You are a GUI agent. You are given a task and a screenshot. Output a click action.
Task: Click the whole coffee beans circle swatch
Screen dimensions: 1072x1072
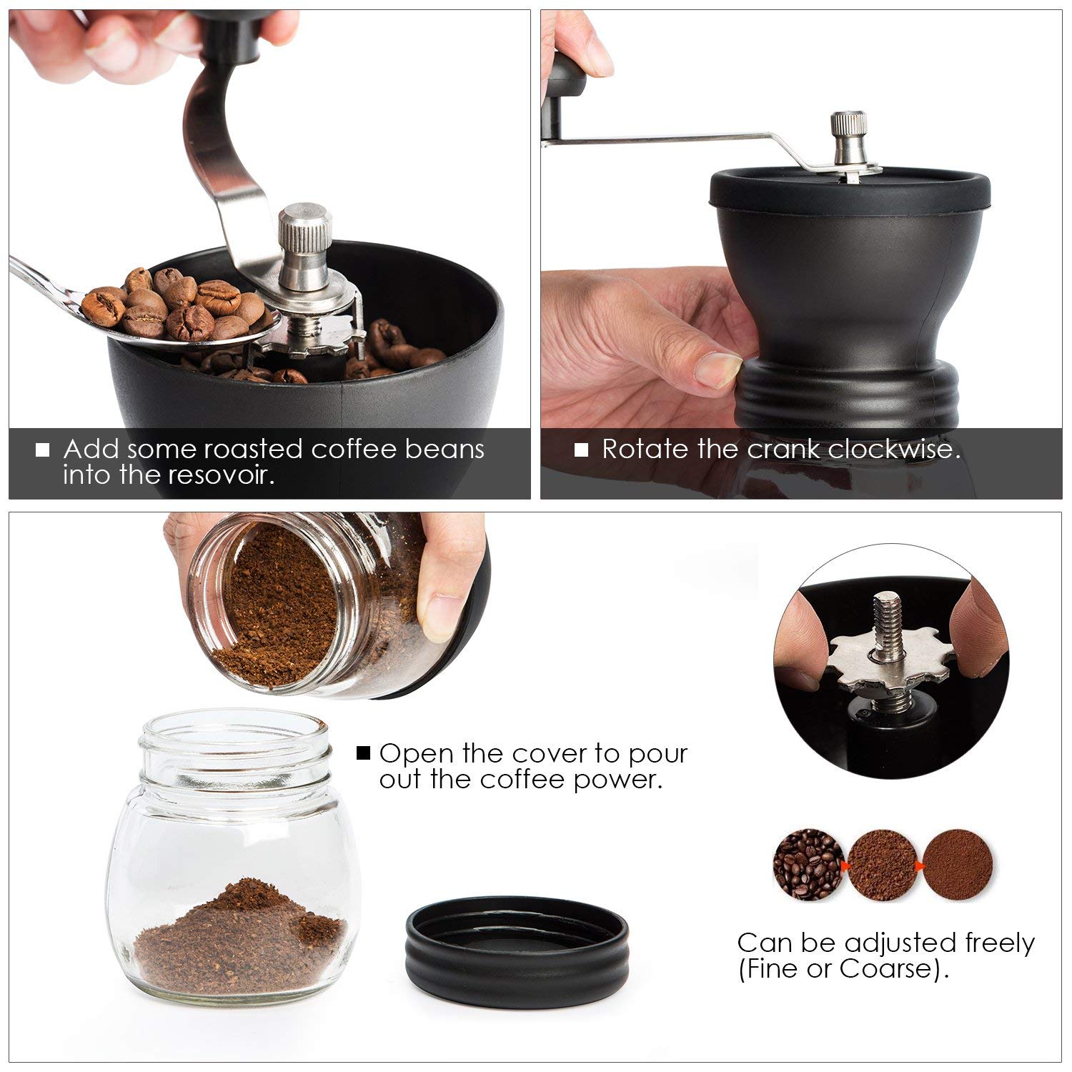click(x=808, y=865)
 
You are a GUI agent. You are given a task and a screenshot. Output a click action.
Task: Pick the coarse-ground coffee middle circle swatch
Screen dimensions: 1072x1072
click(x=883, y=865)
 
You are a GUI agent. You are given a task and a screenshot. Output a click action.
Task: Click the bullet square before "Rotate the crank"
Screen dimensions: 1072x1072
click(x=582, y=450)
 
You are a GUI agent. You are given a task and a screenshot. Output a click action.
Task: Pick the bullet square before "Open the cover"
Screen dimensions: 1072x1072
click(x=364, y=753)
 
